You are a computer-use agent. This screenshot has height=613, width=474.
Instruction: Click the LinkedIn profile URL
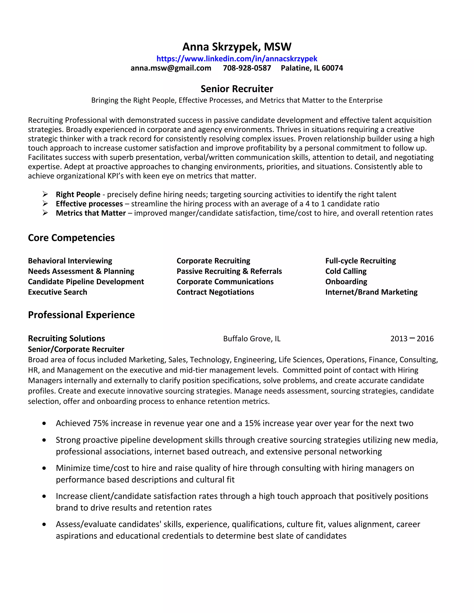[237, 59]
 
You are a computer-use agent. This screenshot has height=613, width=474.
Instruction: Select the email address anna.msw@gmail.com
[171, 68]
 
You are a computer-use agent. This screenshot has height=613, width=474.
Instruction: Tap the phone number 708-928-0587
[247, 68]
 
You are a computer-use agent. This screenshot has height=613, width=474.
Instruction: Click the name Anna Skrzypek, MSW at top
[237, 46]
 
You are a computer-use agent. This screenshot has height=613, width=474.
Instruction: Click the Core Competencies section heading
[71, 238]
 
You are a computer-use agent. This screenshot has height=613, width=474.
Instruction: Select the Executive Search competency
[58, 292]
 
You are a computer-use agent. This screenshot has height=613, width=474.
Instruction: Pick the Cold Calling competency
[346, 271]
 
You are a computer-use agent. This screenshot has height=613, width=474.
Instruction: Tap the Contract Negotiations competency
[215, 292]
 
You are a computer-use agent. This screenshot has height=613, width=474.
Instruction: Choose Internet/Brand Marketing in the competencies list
[371, 292]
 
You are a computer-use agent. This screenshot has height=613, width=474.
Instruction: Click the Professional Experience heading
[81, 315]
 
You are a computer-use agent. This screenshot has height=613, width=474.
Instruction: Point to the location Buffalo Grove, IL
[252, 339]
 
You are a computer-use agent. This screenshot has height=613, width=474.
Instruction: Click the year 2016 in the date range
[425, 339]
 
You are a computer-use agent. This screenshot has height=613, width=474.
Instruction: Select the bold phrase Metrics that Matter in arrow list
[91, 213]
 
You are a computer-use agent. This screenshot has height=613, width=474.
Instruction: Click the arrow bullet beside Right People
[45, 194]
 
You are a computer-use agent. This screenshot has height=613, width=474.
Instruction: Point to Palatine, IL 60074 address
[312, 68]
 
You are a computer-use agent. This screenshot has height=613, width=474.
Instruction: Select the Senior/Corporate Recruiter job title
[76, 350]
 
